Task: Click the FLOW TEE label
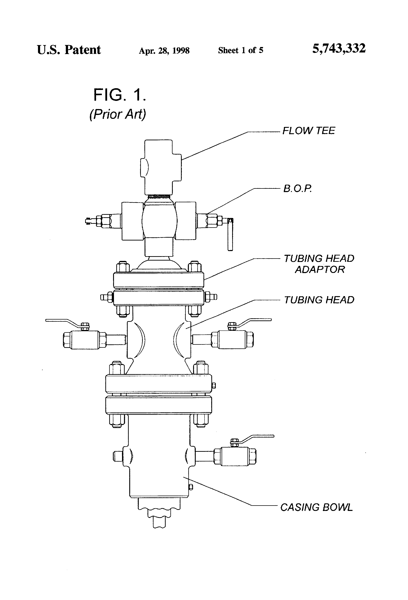pyautogui.click(x=308, y=131)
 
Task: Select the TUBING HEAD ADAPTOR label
pyautogui.click(x=319, y=264)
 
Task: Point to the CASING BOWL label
pyautogui.click(x=316, y=507)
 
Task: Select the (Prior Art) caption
pyautogui.click(x=118, y=114)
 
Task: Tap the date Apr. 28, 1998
pyautogui.click(x=164, y=51)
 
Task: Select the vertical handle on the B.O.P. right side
pyautogui.click(x=230, y=235)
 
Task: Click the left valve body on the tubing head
pyautogui.click(x=85, y=339)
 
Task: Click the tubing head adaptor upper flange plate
pyautogui.click(x=158, y=280)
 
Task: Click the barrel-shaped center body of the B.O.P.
pyautogui.click(x=159, y=221)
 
